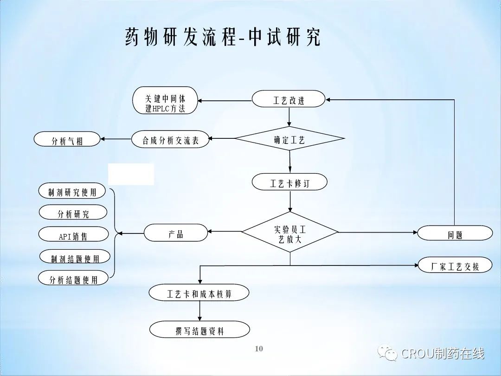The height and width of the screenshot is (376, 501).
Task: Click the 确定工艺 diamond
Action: coord(289,139)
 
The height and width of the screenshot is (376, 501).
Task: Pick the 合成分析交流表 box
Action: coord(170,140)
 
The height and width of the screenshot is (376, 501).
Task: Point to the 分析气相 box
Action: coord(67,140)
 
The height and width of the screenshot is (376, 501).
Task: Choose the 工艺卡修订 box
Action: coord(289,183)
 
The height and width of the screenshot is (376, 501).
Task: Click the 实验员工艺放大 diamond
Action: coord(290,232)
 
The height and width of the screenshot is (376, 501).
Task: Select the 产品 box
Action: coord(176,233)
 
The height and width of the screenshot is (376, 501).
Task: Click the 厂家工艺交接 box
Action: coord(455,266)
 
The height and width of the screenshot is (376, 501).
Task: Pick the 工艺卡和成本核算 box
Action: coord(199,293)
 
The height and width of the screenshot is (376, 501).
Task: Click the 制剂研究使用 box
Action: coord(72,191)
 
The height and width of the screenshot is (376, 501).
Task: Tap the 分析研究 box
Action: coord(73,213)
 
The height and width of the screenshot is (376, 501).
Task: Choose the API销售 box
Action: coord(73,235)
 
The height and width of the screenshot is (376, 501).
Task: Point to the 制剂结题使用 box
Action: coord(75,257)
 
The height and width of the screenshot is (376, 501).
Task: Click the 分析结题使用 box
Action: coord(73,279)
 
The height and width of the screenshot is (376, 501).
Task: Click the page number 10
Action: coord(259,349)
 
